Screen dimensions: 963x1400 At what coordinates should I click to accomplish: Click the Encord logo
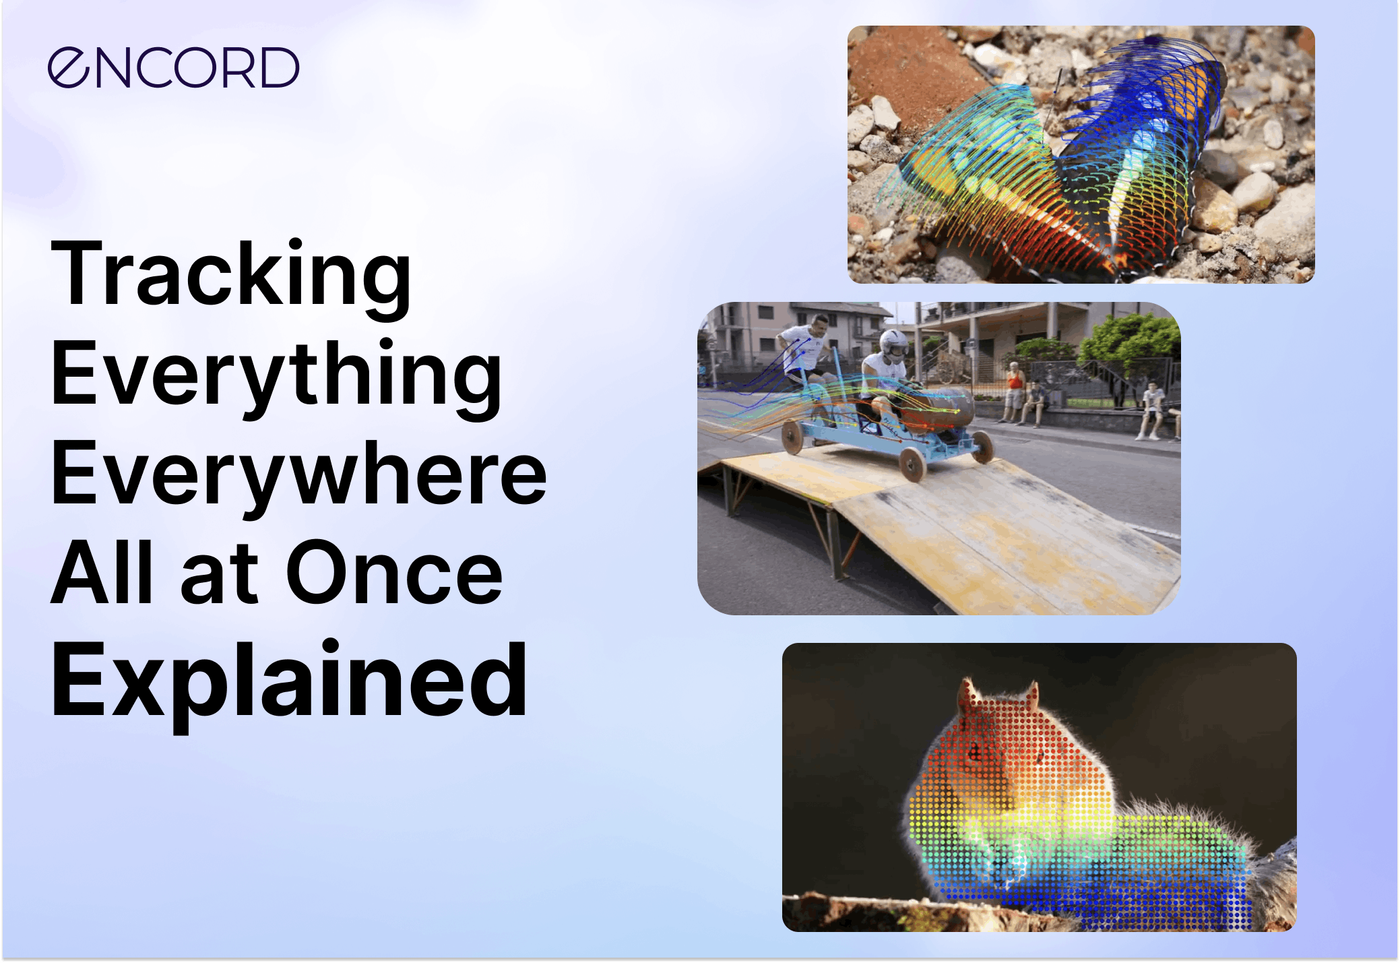(x=173, y=67)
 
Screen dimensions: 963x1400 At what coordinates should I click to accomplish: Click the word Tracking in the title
(x=230, y=275)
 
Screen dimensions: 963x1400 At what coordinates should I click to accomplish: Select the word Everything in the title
(x=276, y=374)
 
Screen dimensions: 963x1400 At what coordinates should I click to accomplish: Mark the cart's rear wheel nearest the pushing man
(x=791, y=436)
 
